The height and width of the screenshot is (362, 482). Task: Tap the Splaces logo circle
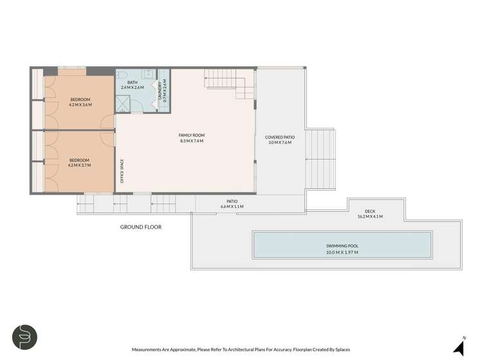coord(24,337)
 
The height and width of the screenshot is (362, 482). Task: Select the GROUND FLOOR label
coord(140,227)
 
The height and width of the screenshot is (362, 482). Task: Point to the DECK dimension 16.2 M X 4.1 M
coord(369,217)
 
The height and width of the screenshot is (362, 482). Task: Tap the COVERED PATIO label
coord(279,137)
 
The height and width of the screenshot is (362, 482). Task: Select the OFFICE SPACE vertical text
coord(122,171)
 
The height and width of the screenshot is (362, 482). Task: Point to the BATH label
coord(133,82)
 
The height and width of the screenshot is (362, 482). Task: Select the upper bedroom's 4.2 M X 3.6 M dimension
coord(80,104)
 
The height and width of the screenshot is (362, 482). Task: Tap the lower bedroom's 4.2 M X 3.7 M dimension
coord(79,165)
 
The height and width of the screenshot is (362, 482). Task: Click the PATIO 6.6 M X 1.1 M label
coord(232,204)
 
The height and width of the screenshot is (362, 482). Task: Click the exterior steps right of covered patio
coord(320,154)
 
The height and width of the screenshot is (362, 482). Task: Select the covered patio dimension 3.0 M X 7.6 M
coord(279,142)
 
